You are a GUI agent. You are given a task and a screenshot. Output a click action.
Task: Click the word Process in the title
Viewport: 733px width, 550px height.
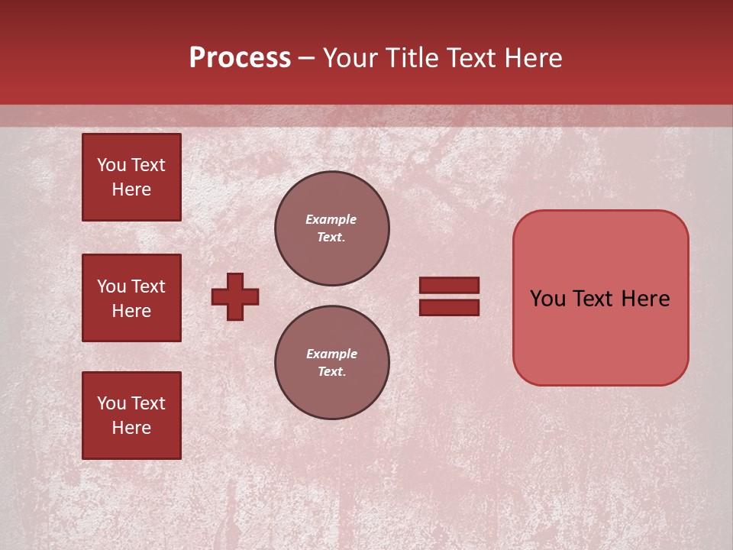pos(240,58)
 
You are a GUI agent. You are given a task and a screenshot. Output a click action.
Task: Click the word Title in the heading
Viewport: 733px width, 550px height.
pos(411,58)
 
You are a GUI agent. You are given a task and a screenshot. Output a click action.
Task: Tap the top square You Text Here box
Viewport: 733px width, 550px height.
pos(131,177)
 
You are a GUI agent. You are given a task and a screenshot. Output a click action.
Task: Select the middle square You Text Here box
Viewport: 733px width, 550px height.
pos(131,298)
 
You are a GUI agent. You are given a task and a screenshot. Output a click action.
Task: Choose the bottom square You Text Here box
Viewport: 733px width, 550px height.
pos(131,416)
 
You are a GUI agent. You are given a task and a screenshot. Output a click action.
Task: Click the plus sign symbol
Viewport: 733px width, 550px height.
pos(235,296)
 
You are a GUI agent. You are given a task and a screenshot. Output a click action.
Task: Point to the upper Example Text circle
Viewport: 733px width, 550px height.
pos(332,228)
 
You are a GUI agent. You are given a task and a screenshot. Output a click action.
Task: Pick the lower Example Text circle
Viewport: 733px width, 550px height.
pos(332,363)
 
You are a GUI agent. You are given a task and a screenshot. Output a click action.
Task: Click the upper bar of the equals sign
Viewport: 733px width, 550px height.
pos(449,285)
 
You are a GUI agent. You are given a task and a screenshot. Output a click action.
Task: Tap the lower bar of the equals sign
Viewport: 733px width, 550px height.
pos(449,307)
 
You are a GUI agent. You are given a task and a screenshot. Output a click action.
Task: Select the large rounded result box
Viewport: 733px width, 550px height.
pos(600,336)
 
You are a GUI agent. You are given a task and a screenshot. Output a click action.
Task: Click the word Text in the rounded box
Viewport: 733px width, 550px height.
pos(598,299)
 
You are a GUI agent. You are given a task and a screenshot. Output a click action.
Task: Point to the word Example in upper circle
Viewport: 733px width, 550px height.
pos(331,219)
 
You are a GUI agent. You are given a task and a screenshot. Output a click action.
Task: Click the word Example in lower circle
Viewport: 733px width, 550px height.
pos(331,354)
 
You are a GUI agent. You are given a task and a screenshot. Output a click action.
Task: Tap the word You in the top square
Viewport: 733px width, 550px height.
pos(111,165)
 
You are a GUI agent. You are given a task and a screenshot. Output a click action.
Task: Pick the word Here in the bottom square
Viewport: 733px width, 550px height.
pos(131,428)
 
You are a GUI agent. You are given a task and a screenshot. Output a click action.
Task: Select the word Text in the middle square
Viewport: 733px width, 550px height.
pos(147,286)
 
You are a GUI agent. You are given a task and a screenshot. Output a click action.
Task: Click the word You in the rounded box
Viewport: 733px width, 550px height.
pos(547,299)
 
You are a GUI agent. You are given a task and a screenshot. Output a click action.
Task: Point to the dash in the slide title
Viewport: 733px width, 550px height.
pos(307,58)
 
